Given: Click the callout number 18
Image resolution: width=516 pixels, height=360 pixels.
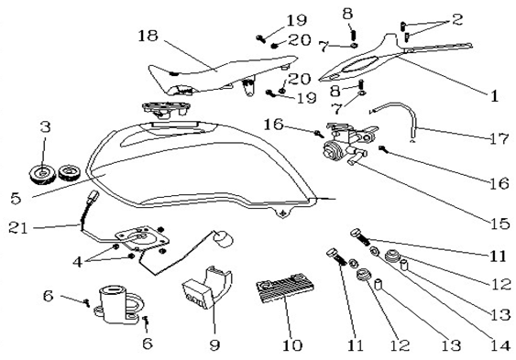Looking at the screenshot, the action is [x=148, y=36].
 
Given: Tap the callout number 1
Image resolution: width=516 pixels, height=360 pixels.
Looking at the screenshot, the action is [x=494, y=96].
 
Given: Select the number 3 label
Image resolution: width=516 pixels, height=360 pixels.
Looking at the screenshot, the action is [x=46, y=126].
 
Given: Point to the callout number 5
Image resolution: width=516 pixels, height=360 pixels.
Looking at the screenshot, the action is [x=16, y=199].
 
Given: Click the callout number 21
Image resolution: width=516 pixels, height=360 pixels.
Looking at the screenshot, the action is [x=18, y=227].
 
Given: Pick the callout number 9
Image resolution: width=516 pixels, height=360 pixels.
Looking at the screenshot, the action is [x=214, y=345].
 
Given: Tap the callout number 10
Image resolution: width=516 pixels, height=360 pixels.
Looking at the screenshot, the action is [x=292, y=345].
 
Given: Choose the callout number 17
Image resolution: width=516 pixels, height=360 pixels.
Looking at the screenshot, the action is [x=500, y=138].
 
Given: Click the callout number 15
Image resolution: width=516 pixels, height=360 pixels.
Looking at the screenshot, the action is [x=500, y=224].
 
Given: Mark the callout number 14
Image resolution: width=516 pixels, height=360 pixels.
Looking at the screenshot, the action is [x=500, y=344].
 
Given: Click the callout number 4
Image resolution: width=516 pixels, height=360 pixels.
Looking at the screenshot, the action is [x=78, y=262].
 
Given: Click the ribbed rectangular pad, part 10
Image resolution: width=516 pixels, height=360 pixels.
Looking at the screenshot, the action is [x=285, y=288].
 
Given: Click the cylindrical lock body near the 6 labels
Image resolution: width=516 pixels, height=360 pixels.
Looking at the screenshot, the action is [x=115, y=305].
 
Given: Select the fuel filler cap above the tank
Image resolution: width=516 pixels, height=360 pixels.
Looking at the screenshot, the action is [x=166, y=109].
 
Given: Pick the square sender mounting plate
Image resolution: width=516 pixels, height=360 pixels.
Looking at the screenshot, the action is [x=142, y=239].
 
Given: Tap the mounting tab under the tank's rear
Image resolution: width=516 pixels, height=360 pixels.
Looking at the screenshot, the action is [x=283, y=213].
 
